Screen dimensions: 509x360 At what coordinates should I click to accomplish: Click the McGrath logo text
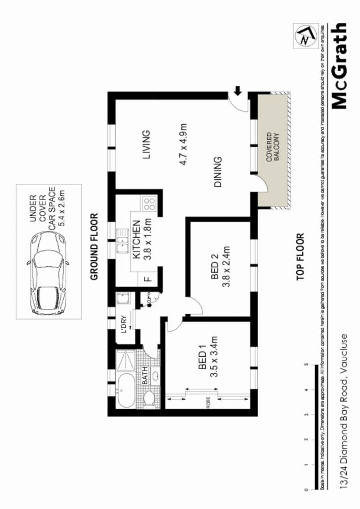[x=340, y=67]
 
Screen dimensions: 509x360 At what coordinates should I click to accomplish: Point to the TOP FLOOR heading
[x=300, y=257]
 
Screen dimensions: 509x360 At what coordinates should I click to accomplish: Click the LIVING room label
[x=146, y=145]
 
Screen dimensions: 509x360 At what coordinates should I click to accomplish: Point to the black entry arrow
[x=238, y=91]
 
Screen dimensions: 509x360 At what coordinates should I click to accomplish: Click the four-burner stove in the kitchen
[x=149, y=205]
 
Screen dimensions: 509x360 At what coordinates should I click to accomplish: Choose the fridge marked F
[x=147, y=278]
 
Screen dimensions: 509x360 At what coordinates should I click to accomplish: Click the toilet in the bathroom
[x=148, y=398]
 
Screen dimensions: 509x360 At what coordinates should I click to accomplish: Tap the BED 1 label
[x=202, y=358]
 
